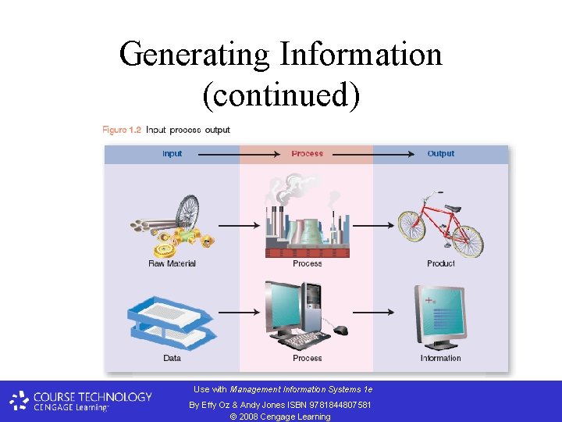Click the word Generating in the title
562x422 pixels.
tap(195, 55)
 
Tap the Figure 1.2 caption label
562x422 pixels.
tap(122, 130)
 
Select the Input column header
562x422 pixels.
tap(172, 154)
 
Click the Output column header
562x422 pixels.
tap(440, 154)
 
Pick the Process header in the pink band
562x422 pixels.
tap(307, 154)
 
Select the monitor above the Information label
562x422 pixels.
tap(440, 316)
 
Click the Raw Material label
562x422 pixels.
tap(172, 263)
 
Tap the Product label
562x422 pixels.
tap(441, 263)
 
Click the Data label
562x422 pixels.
tap(172, 358)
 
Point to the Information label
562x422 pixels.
tap(441, 358)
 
